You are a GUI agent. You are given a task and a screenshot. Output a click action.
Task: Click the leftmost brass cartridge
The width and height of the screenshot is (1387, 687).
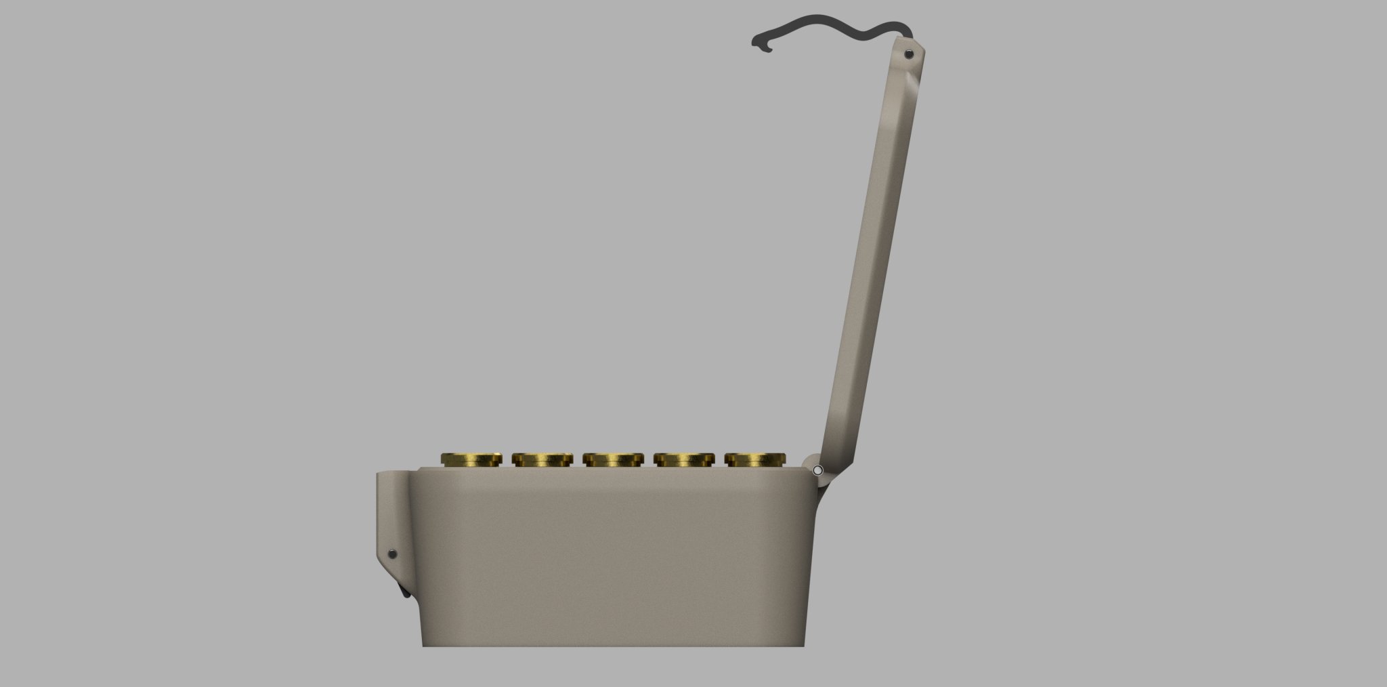coord(471,459)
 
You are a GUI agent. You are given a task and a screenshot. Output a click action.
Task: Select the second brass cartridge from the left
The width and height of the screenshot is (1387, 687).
coord(542,459)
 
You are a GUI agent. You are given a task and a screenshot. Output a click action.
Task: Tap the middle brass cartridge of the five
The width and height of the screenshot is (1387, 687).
coord(613,459)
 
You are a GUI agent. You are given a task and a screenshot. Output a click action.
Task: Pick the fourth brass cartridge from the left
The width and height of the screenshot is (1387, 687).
coord(684,459)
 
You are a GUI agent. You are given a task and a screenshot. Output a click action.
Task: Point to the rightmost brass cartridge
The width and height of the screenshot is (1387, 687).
coord(755,459)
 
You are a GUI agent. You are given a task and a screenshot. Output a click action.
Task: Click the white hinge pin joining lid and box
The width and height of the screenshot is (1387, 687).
coord(817,470)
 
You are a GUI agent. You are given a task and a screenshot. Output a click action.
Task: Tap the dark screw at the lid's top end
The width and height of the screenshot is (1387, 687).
coord(908,54)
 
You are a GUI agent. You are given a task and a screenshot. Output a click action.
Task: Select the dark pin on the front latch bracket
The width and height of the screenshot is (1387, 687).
coord(392,554)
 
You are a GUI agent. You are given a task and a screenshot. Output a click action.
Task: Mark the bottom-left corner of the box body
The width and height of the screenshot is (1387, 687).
coord(424,644)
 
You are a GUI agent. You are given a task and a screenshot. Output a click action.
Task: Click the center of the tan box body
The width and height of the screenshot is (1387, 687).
coord(613,556)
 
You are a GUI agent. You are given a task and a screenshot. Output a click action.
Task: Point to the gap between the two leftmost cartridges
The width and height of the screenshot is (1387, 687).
coord(507,461)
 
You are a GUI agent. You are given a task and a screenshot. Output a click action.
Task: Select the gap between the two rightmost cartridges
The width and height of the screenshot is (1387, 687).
coord(719,461)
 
